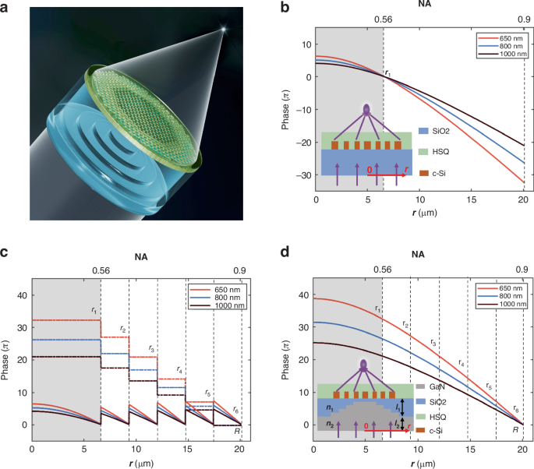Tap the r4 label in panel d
click(x=461, y=363)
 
